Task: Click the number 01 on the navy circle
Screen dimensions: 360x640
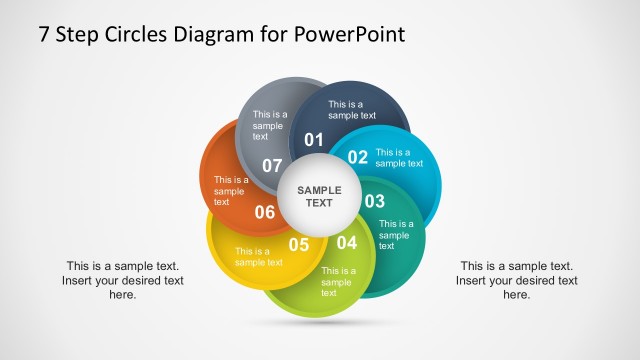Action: coord(314,139)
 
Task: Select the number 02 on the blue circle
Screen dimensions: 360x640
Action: coord(358,157)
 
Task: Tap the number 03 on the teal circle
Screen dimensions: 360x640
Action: coord(374,201)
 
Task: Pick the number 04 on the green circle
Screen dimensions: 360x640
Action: coord(346,242)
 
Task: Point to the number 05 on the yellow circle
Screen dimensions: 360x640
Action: coord(299,244)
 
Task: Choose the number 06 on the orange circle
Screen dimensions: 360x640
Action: coord(265,211)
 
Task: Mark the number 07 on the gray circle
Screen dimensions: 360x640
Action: coord(272,165)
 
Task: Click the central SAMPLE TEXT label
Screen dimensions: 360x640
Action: coord(319,196)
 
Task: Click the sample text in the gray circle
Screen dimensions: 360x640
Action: coord(269,125)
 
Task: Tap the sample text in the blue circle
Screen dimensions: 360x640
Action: coord(399,158)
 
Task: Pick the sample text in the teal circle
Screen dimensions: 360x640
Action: coord(396,234)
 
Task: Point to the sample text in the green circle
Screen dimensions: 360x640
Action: coord(337,281)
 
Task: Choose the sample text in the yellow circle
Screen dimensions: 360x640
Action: coord(258,257)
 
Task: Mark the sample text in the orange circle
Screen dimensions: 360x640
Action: coord(231,191)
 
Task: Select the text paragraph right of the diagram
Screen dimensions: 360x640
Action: coord(516,280)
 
